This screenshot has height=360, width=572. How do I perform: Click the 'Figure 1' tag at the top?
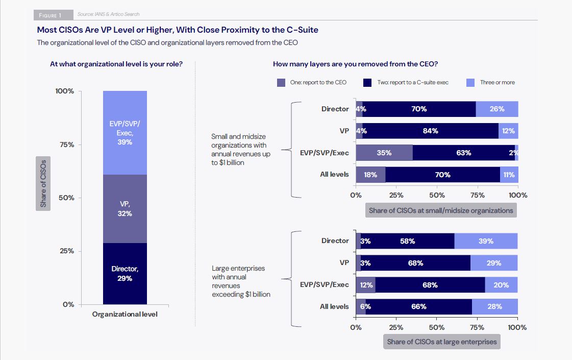(54, 15)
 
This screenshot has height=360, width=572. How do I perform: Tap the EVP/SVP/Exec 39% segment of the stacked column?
(125, 133)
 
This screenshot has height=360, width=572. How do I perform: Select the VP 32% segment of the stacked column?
(125, 209)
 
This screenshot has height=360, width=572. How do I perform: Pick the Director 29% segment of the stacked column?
(125, 273)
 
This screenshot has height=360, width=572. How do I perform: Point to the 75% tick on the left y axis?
(65, 145)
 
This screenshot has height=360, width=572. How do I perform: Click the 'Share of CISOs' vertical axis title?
(43, 184)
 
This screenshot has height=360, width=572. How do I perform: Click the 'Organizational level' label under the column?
(125, 314)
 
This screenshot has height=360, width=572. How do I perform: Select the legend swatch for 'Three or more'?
(471, 82)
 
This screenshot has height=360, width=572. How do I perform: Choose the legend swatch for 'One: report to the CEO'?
(281, 82)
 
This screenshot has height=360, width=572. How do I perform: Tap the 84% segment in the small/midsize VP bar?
(430, 131)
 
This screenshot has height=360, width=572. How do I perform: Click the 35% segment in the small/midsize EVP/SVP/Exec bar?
(384, 153)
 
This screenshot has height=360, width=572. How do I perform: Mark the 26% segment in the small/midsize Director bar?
(497, 109)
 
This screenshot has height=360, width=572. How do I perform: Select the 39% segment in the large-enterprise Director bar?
(486, 241)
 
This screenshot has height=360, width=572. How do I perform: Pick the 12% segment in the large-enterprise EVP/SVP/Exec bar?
(366, 285)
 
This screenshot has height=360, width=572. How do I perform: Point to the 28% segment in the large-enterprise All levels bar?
(495, 306)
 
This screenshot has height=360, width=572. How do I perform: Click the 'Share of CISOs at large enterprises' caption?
(441, 342)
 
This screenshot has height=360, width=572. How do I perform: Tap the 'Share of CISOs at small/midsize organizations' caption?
(441, 210)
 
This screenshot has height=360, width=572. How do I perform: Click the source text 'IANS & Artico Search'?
(108, 14)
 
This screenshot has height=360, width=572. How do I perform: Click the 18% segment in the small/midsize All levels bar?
(370, 175)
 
